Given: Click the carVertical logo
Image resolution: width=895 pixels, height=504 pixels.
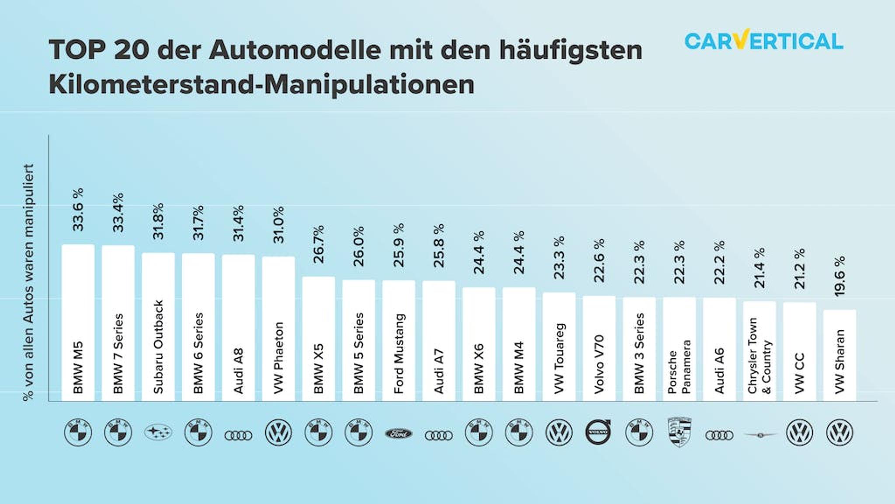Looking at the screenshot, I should (763, 41).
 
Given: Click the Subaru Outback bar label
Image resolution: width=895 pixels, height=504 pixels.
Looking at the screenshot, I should (158, 346).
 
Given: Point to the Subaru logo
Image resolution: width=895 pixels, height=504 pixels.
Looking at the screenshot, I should (158, 433).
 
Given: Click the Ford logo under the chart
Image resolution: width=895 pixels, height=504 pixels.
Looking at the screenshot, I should (399, 434).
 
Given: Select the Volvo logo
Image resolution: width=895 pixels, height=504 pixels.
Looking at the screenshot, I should (598, 432).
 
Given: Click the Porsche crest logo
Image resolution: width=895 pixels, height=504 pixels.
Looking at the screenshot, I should (680, 432).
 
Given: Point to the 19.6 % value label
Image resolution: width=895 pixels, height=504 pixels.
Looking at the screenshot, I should (839, 276).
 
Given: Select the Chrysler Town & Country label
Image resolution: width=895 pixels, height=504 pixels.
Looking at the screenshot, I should (759, 356).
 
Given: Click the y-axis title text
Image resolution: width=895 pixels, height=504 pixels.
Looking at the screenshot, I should (28, 283).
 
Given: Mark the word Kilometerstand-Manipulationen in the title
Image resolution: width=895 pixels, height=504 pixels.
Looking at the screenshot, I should (261, 84).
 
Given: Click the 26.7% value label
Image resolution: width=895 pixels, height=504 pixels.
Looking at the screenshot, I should (319, 244).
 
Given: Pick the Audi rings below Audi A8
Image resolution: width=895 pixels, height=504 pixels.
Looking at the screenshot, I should (238, 435).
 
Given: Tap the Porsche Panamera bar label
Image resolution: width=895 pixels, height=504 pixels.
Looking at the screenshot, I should (679, 367).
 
